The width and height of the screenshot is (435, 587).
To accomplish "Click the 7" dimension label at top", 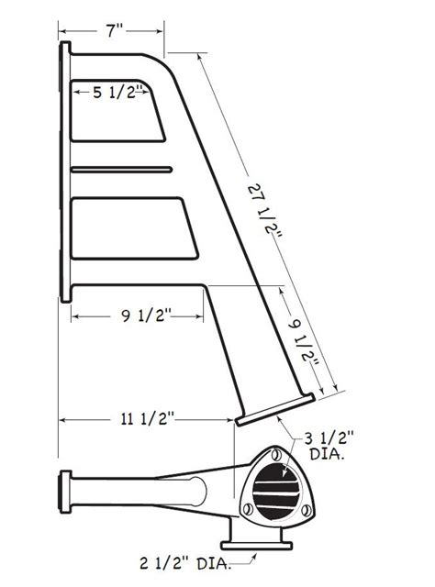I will point(114,31).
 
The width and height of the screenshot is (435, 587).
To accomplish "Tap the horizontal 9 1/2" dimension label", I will point(138,316).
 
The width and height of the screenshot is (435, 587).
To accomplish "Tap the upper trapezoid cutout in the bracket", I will point(115,113).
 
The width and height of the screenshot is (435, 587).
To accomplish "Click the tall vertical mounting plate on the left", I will point(65,172).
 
